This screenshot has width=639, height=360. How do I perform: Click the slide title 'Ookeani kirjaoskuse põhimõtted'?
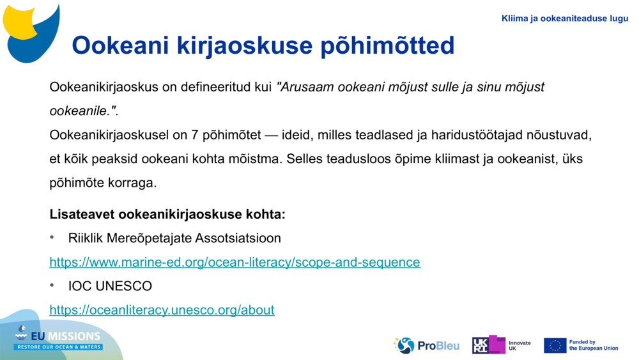[263, 45]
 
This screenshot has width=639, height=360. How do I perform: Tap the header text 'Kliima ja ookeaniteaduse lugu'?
[565, 19]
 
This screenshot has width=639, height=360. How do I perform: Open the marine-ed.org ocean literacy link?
[235, 262]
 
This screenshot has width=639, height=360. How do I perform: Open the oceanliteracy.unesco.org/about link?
[162, 310]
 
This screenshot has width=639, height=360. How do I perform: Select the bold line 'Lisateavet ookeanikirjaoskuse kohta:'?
[167, 214]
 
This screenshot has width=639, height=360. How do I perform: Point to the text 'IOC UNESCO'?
[110, 286]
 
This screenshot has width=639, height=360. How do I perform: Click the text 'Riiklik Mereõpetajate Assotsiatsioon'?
[174, 238]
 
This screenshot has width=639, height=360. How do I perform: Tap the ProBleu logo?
[426, 345]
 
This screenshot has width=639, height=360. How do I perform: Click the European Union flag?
[555, 345]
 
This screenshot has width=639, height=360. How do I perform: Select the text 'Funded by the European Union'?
[593, 345]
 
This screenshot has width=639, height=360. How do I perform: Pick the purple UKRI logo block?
[488, 345]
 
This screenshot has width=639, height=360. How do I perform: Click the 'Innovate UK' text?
[520, 345]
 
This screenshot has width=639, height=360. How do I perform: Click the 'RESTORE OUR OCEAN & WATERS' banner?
[59, 347]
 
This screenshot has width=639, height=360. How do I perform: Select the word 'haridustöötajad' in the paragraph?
[477, 135]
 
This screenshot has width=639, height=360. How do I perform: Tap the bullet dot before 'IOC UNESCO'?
[53, 286]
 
